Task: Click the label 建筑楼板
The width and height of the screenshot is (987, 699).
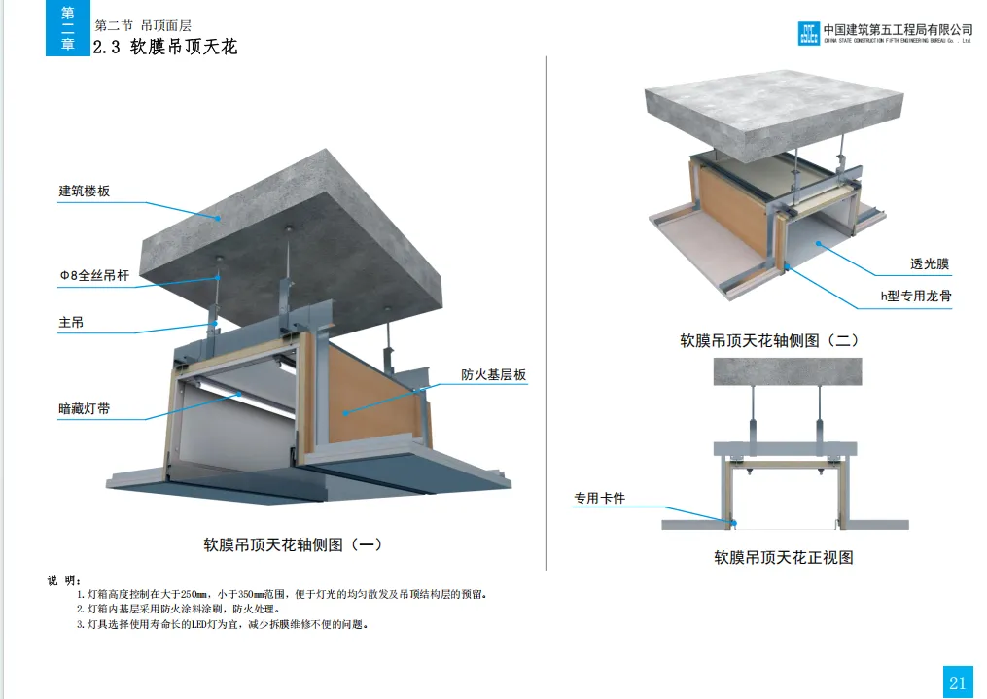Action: coord(85,192)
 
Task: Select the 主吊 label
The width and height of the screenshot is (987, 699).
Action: coord(71,322)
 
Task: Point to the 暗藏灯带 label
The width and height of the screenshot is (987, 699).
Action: coord(85,409)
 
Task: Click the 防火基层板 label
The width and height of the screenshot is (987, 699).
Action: coord(494,375)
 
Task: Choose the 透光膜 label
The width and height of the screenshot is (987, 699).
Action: coord(929,263)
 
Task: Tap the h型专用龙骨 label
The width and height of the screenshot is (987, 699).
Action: coord(916,297)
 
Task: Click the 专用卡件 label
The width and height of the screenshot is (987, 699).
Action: coord(599,499)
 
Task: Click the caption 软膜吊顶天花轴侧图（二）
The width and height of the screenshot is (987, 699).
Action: coord(769,341)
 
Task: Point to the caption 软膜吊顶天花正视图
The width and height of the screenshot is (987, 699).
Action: coord(784,558)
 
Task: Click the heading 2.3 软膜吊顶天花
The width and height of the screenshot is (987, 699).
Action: coord(164,47)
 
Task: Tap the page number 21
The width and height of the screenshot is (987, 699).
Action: coord(957,682)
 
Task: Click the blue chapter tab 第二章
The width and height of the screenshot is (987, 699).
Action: coord(67,29)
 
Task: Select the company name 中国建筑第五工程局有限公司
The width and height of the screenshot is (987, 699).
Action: coord(898,30)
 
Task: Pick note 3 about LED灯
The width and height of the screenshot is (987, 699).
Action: coord(223,625)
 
